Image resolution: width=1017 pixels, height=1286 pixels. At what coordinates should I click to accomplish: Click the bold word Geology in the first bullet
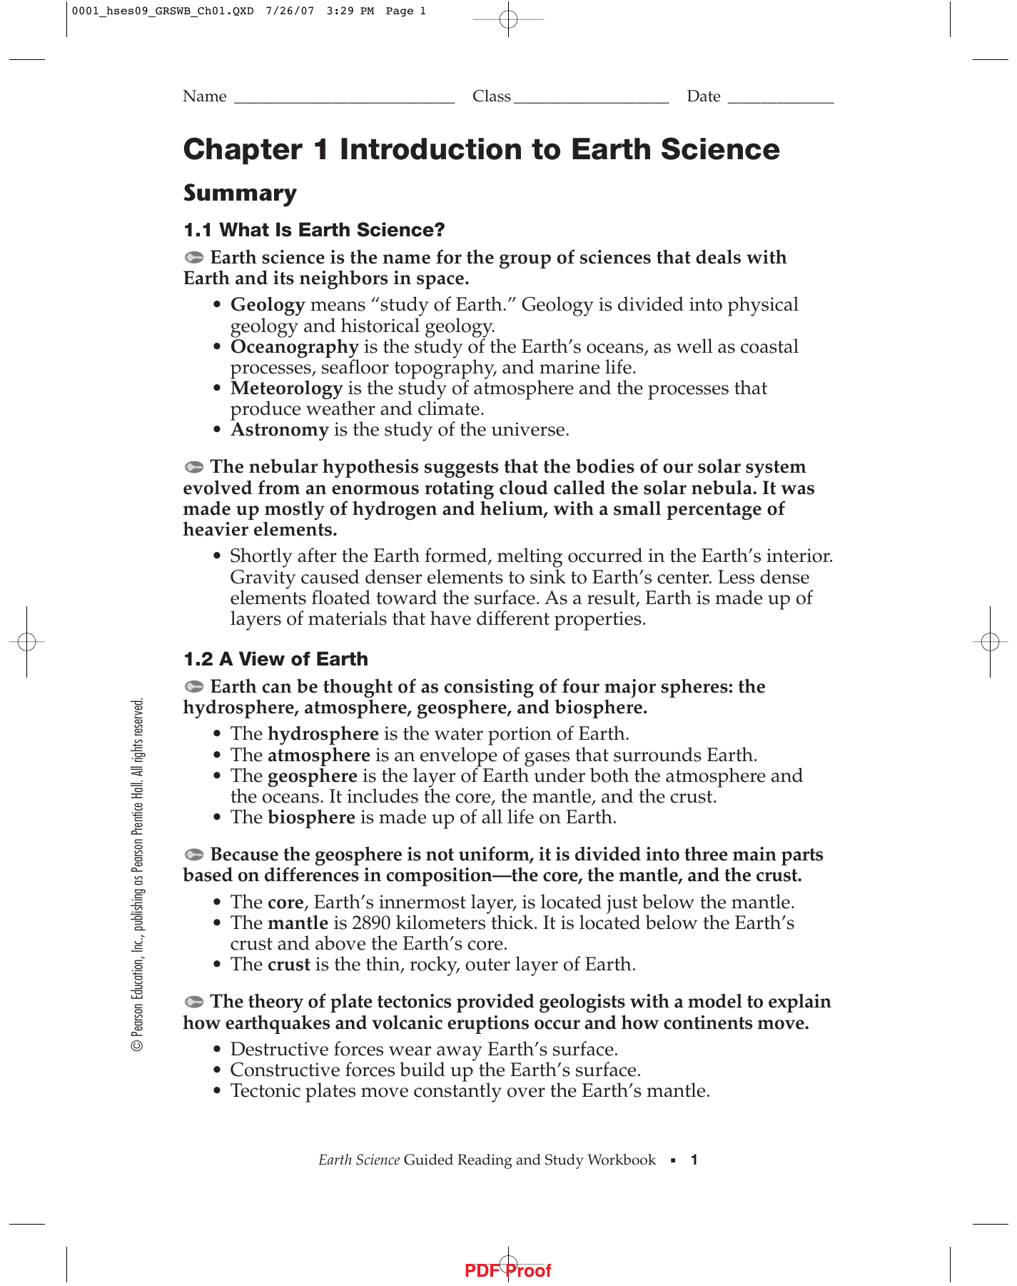point(268,305)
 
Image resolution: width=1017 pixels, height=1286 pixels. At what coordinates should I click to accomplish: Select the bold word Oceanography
point(294,347)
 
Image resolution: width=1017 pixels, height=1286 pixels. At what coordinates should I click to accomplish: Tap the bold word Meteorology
point(286,388)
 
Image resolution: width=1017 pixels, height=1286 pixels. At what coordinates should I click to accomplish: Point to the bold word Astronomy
point(279,430)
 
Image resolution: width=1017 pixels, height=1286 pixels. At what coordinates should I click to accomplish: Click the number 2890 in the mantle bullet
point(371,923)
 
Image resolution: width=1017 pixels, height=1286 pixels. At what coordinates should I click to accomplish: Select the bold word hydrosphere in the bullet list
point(323,734)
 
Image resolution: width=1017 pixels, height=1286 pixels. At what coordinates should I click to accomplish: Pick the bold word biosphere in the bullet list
point(311,818)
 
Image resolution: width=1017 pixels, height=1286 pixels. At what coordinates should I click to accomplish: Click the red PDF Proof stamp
point(507,1271)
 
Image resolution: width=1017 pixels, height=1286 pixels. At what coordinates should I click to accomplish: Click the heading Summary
point(240,194)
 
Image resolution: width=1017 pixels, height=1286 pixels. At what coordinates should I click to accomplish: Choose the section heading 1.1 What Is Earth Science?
point(314,230)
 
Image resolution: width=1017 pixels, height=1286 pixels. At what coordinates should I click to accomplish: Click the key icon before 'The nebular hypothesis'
point(194,468)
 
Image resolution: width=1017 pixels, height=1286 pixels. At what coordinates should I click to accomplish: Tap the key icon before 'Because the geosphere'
point(194,855)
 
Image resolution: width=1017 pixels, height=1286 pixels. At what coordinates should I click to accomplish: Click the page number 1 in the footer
point(694,1160)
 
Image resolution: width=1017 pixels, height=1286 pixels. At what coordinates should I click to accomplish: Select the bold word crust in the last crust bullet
point(288,965)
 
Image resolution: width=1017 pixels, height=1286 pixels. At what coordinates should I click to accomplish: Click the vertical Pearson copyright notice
point(138,875)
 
